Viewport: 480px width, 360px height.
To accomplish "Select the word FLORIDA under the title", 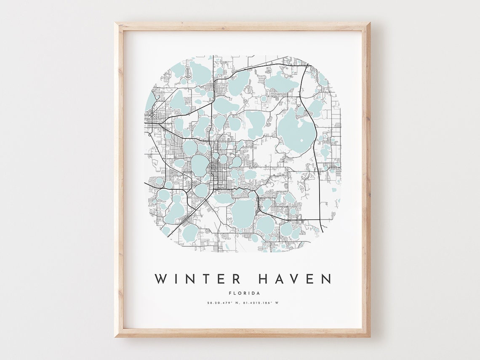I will click(244, 293).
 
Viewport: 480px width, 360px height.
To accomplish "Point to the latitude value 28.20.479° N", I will click(222, 303).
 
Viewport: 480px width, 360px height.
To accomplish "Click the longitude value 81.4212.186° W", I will click(261, 303).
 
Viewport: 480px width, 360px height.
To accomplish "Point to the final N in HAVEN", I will click(326, 279).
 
